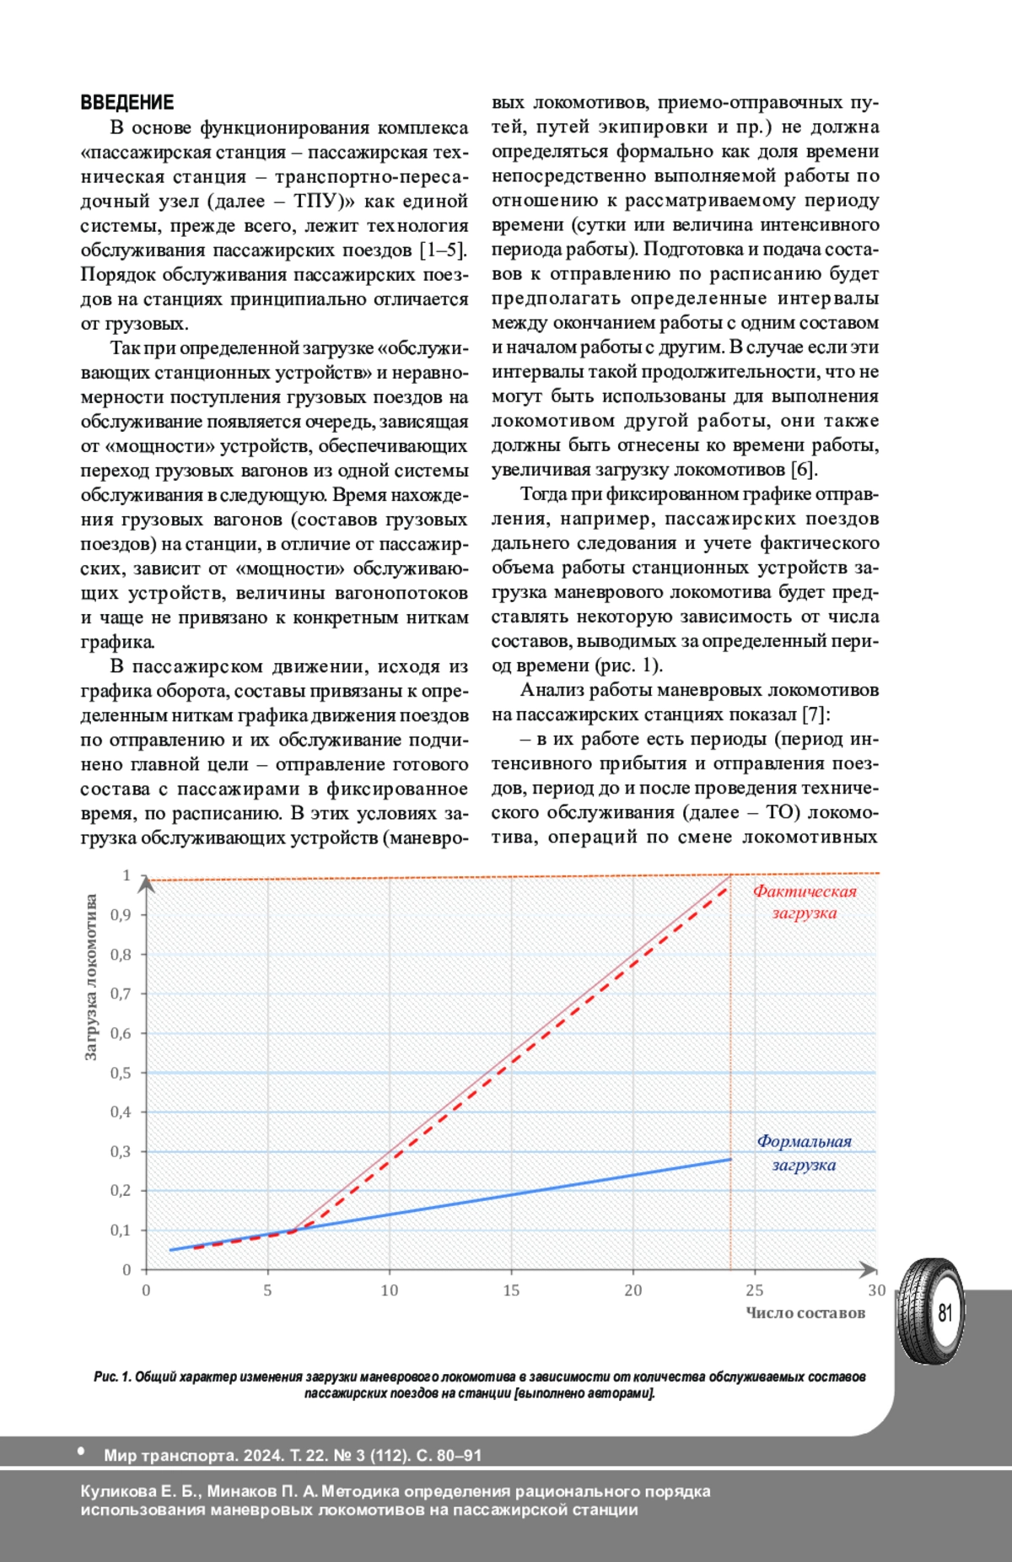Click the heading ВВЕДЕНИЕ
126,103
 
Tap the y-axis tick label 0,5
121,1073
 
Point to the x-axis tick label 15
511,1290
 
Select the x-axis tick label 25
754,1290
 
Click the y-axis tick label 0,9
121,915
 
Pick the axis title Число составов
805,1313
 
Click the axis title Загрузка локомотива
91,978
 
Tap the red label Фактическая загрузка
804,902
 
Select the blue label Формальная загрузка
804,1152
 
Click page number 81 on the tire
945,1312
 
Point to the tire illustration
929,1312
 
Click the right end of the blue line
730,1160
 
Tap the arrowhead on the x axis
869,1268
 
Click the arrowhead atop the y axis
147,883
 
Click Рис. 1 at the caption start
112,1377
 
